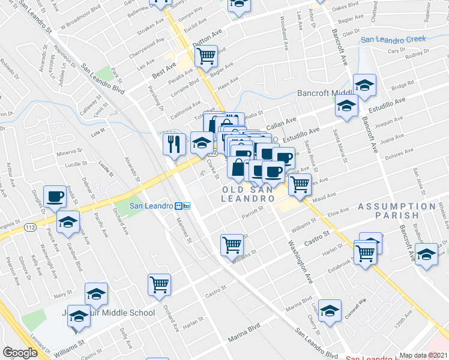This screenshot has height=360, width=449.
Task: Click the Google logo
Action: click(x=20, y=353)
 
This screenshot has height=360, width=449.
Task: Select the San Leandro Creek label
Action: click(x=393, y=40)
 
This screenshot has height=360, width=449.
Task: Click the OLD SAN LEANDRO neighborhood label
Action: click(x=249, y=194)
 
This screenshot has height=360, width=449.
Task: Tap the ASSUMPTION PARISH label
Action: click(x=396, y=211)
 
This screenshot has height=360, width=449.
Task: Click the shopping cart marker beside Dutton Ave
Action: click(x=206, y=56)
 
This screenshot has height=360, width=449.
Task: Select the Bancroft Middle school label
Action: click(x=325, y=94)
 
